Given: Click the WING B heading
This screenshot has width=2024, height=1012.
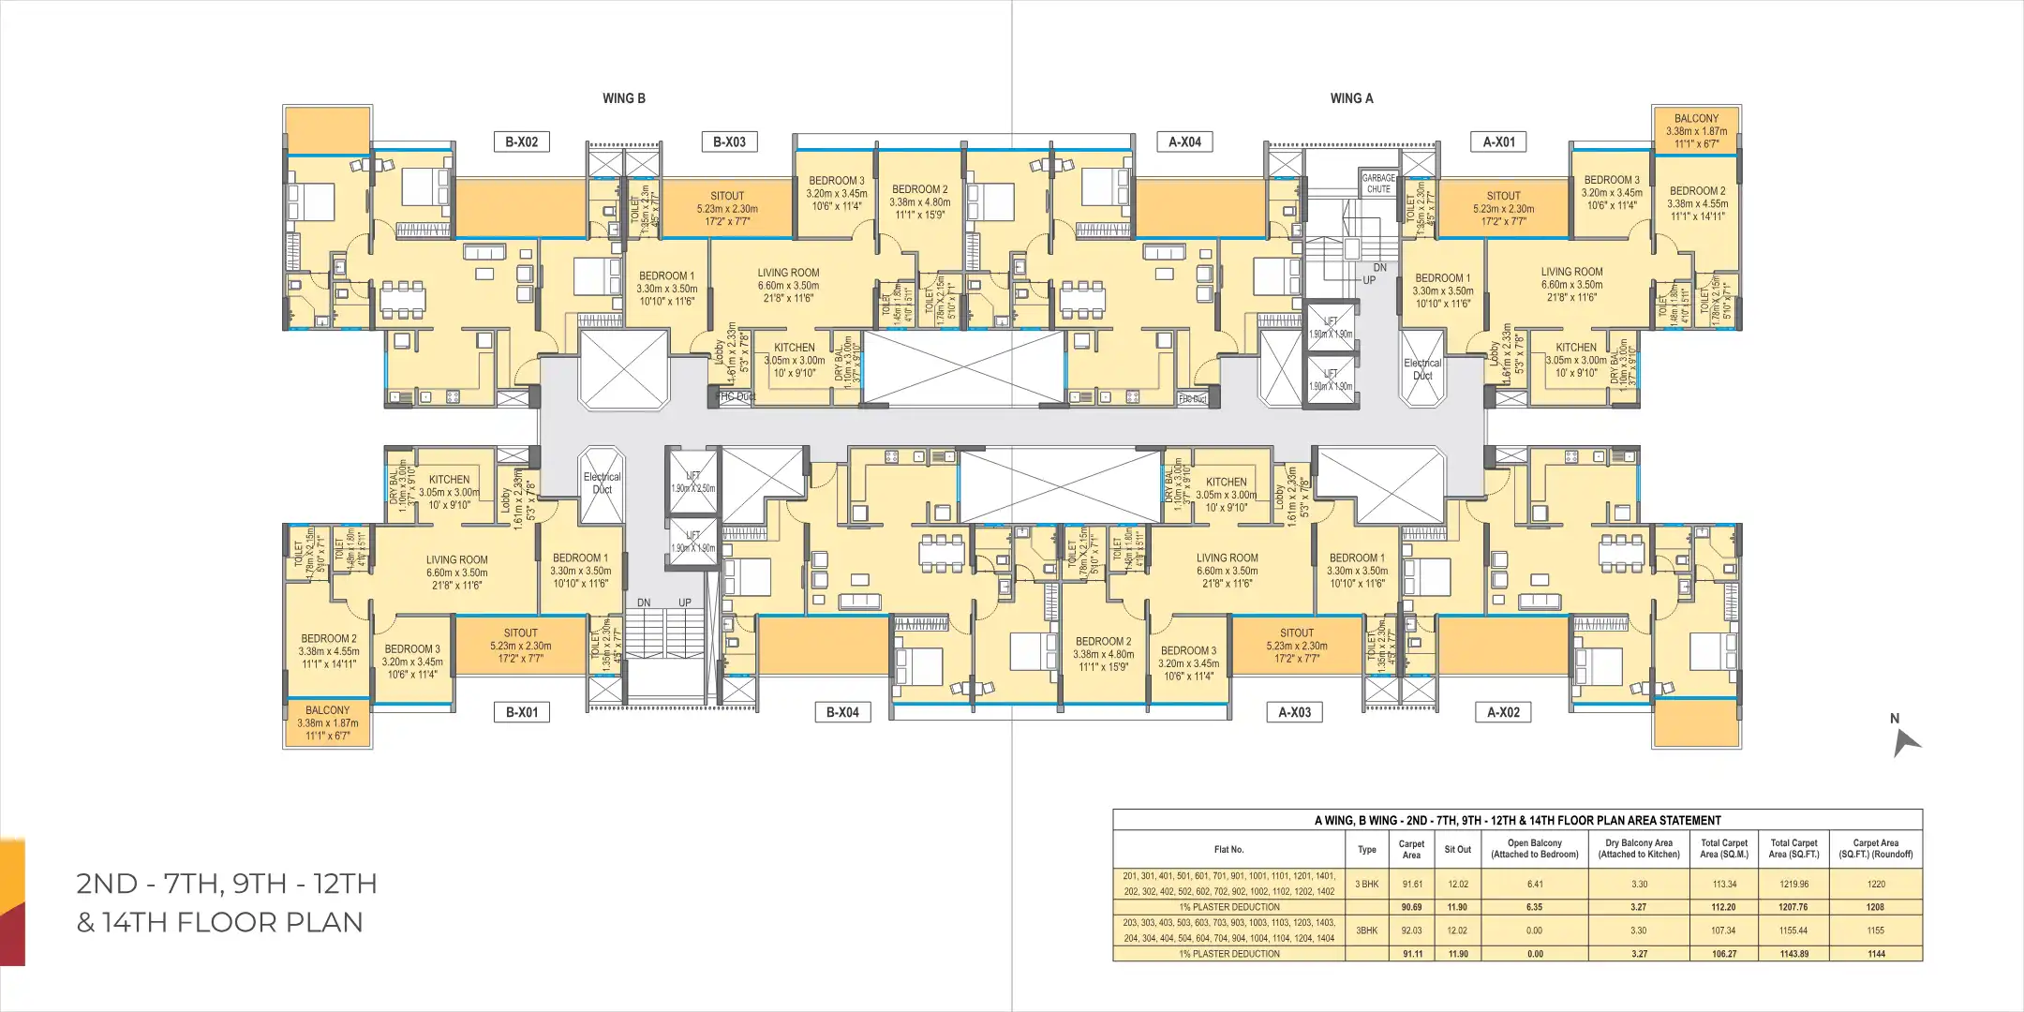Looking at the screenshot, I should (x=623, y=98).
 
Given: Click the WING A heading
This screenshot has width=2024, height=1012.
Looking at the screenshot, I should (x=1351, y=98).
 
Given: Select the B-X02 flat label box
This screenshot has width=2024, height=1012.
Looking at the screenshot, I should (x=521, y=142).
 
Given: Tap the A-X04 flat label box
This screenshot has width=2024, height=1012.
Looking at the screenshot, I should (x=1184, y=142).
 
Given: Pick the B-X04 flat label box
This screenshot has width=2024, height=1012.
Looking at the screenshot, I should (x=841, y=712).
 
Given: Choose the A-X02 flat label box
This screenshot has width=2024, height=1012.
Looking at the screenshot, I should (x=1503, y=712).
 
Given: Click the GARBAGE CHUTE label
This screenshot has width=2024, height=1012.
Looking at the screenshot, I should (x=1378, y=183).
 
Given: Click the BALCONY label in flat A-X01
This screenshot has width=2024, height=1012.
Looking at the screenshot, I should (x=1696, y=119).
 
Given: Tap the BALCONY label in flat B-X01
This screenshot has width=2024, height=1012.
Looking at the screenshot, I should (x=327, y=710).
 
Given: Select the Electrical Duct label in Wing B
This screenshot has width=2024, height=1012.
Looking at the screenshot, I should (x=602, y=483).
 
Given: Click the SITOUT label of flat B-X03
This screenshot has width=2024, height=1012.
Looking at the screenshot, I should (x=727, y=196).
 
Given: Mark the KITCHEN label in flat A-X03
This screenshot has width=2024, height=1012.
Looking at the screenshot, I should (x=1226, y=482).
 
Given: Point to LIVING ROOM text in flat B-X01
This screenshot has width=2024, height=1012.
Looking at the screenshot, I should (x=456, y=559).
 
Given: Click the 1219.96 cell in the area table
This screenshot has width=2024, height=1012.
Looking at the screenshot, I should (x=1793, y=884).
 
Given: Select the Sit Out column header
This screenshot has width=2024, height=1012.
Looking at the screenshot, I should (x=1457, y=849).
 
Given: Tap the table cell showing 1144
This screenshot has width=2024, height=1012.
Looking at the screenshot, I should (x=1875, y=954).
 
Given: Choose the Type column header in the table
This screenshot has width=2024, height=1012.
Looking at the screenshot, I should (x=1366, y=849).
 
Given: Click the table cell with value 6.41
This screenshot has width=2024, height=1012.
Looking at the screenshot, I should (x=1534, y=884).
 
